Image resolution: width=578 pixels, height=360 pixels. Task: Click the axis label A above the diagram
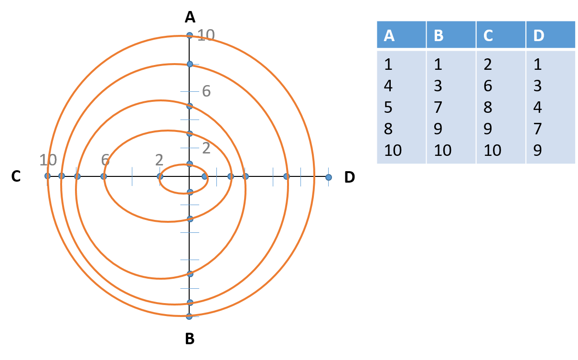tap(190, 18)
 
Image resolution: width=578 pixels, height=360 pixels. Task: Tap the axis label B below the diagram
tap(190, 338)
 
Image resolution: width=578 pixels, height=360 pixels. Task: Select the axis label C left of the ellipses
tap(16, 177)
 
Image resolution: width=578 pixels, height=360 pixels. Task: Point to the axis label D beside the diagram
tap(350, 177)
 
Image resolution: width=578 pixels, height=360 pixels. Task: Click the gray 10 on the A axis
tap(206, 34)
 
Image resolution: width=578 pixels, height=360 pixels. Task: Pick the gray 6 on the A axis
tap(206, 90)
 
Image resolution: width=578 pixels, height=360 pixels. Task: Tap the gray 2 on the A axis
tap(206, 148)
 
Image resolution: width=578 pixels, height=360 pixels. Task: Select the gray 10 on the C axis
tap(48, 160)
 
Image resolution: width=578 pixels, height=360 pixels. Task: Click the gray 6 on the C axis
tap(106, 160)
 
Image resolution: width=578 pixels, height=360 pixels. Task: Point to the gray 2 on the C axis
tap(159, 160)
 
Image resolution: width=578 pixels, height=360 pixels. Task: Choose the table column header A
tap(389, 35)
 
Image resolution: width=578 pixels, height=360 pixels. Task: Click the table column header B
tap(439, 35)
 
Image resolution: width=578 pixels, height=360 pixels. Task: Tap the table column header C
tap(488, 35)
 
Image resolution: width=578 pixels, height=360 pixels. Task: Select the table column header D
tap(538, 35)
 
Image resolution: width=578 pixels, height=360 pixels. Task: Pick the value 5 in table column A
tap(388, 107)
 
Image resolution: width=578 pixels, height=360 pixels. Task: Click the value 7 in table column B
tap(438, 107)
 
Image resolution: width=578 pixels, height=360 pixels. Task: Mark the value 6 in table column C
tap(488, 86)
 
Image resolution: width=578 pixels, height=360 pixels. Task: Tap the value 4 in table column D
tap(538, 107)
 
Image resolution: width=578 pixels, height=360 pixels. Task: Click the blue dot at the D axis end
tap(329, 177)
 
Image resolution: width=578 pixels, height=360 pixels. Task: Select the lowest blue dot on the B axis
tap(189, 316)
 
